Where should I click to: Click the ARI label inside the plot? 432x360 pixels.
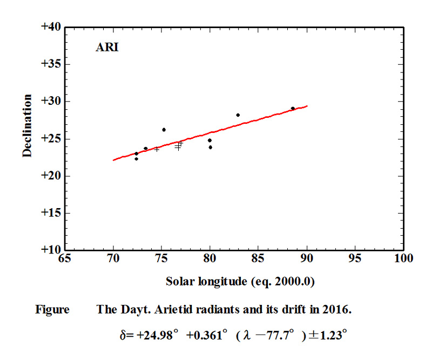click(x=107, y=47)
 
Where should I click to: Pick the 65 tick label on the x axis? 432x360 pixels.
click(x=65, y=259)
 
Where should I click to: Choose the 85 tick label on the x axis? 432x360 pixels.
click(x=259, y=259)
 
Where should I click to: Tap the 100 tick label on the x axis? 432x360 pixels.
click(x=403, y=259)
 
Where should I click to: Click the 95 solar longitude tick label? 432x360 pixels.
click(x=355, y=259)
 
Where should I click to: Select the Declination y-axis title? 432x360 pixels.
click(x=27, y=125)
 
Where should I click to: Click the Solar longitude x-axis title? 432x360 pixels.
click(x=240, y=282)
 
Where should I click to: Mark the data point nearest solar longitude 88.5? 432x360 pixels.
click(x=293, y=108)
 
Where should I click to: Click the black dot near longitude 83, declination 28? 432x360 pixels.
click(x=238, y=115)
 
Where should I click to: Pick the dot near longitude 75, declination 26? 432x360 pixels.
click(x=164, y=130)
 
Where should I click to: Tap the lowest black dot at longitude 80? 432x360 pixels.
click(x=210, y=147)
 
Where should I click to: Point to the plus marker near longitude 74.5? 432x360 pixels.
click(x=157, y=149)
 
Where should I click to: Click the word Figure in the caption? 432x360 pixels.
click(x=52, y=310)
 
